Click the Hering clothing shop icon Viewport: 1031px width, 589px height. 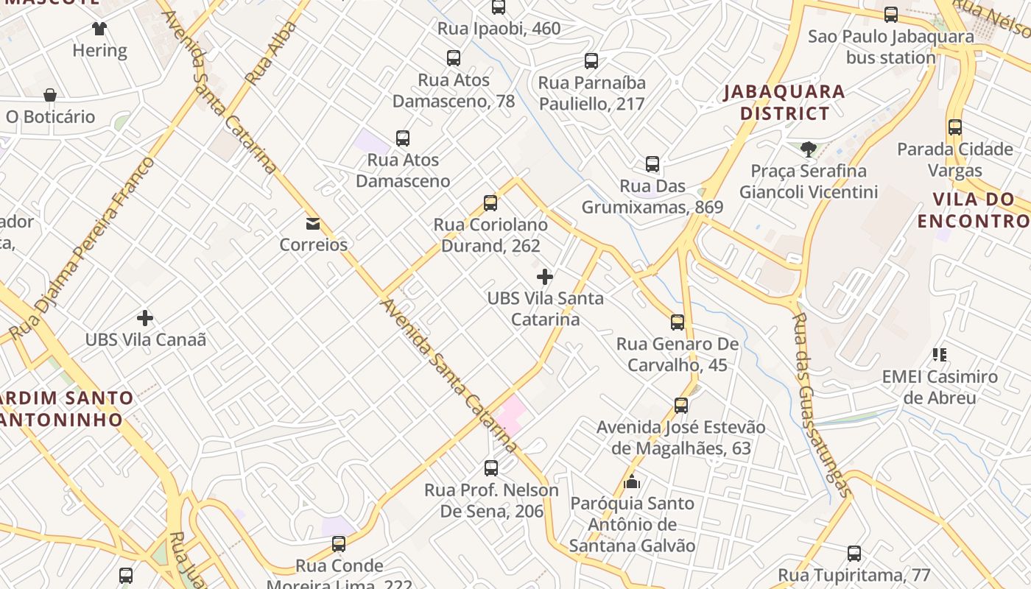click(99, 29)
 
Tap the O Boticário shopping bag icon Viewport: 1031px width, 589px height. click(50, 95)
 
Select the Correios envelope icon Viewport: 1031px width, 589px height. click(313, 223)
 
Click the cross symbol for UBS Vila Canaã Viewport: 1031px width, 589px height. click(145, 318)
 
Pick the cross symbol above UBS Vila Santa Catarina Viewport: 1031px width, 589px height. click(545, 277)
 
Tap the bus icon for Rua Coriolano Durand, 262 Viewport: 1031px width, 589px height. click(490, 203)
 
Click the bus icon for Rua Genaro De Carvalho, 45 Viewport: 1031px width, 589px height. click(678, 322)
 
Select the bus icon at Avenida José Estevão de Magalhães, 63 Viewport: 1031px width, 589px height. click(681, 405)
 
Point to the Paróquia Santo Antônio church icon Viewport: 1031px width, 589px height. click(632, 482)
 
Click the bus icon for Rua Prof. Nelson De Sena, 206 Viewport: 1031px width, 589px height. click(491, 468)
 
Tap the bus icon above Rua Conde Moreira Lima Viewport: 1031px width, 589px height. click(339, 544)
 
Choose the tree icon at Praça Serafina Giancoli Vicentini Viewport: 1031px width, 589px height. click(808, 149)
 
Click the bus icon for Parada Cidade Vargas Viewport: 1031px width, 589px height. click(955, 127)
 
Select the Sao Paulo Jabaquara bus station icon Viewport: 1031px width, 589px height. click(891, 14)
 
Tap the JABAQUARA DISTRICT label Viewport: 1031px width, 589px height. click(784, 102)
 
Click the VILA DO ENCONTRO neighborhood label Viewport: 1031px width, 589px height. click(972, 210)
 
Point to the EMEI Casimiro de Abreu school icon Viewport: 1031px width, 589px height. click(940, 355)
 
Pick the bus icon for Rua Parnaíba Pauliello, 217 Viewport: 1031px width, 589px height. click(591, 61)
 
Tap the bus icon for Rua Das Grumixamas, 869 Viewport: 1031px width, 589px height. click(652, 164)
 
